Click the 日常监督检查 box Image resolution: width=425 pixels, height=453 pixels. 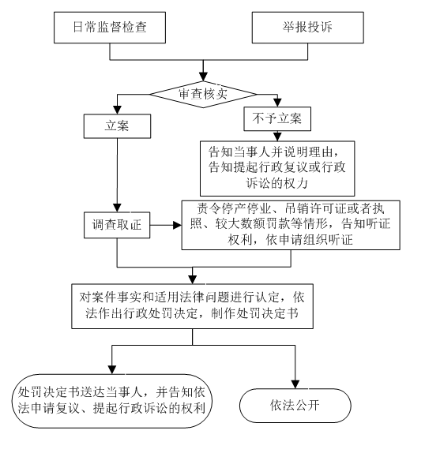pos(110,28)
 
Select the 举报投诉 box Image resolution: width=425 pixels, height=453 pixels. pos(307,28)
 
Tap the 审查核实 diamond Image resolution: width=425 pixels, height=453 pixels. pos(203,94)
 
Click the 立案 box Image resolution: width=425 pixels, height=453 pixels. pos(117,126)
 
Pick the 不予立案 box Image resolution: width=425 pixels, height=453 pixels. pos(277,118)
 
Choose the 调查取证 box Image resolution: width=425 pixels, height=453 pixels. pos(117,225)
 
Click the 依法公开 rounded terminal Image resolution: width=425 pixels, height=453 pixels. pos(295,406)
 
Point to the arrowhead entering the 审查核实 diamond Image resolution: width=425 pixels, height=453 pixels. pos(203,77)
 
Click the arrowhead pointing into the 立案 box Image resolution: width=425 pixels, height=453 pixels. pos(117,110)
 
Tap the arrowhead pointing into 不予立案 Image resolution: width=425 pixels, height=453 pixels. pos(277,103)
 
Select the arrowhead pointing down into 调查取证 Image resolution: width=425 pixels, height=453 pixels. pos(117,208)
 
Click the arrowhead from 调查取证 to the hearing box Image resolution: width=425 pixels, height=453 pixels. pos(177,225)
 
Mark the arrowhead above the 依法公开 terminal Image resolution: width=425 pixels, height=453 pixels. pos(295,384)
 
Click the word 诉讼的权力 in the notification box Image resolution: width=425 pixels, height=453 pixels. pos(277,183)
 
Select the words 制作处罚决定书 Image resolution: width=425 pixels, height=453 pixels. pos(254,313)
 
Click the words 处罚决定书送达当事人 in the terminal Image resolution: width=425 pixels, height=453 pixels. pos(80,392)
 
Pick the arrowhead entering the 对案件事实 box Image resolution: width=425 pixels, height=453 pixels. pos(193,279)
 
